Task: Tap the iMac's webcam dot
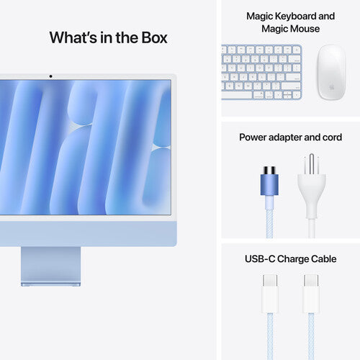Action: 50,76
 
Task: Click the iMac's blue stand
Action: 51,266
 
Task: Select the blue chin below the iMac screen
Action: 86,231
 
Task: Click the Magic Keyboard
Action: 261,72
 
